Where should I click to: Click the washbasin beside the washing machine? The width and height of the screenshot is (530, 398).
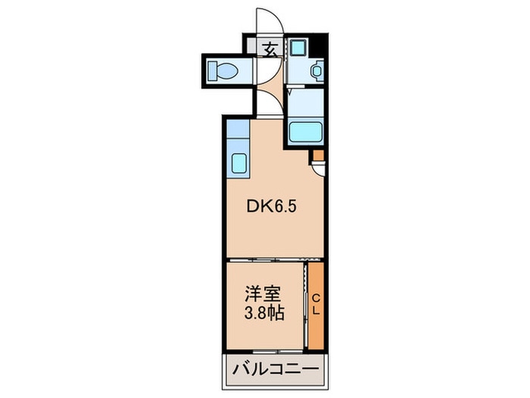pyautogui.click(x=316, y=72)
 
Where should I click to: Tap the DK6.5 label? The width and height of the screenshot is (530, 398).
pyautogui.click(x=267, y=206)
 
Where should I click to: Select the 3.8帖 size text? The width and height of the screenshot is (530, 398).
pyautogui.click(x=263, y=312)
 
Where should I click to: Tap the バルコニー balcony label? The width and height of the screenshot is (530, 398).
pyautogui.click(x=276, y=372)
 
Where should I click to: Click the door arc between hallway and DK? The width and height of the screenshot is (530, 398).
pyautogui.click(x=269, y=102)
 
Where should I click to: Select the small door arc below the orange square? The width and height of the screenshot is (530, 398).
pyautogui.click(x=320, y=169)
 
